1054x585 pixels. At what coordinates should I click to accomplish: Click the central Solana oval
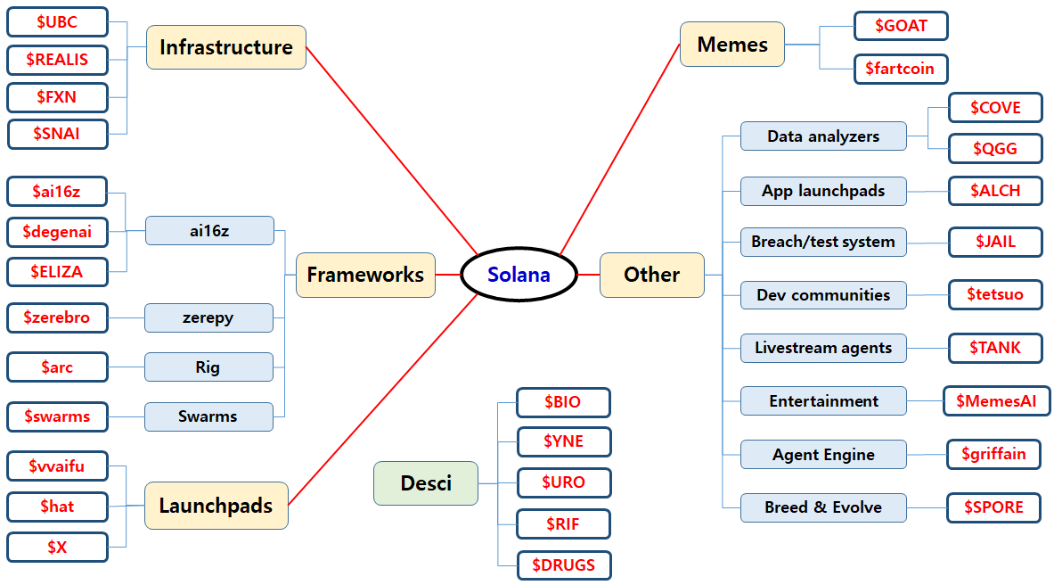point(519,275)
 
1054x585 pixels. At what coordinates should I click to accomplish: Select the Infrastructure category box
point(225,47)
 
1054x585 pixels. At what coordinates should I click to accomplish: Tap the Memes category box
point(731,45)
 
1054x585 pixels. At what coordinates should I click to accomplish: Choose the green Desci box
point(426,483)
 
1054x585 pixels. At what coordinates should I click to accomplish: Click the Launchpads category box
point(216,506)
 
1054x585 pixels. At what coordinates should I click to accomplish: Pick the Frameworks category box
point(365,275)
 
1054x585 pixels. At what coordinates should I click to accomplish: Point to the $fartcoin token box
point(900,69)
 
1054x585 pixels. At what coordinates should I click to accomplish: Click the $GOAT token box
point(900,26)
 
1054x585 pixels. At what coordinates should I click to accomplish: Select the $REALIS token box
point(57,60)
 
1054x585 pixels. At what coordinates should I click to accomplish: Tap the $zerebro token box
point(57,317)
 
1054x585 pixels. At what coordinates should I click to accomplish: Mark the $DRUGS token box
point(564,564)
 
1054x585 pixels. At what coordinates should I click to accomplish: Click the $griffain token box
point(993,454)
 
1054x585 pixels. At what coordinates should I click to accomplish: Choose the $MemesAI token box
point(996,401)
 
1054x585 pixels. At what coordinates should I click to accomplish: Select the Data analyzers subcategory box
point(823,136)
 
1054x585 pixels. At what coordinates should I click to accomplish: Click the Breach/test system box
point(823,242)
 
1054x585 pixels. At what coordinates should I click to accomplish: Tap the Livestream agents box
point(823,348)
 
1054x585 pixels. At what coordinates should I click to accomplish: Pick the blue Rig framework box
point(208,367)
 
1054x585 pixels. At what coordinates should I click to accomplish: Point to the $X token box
point(57,547)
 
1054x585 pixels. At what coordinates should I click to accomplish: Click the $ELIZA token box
point(57,272)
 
